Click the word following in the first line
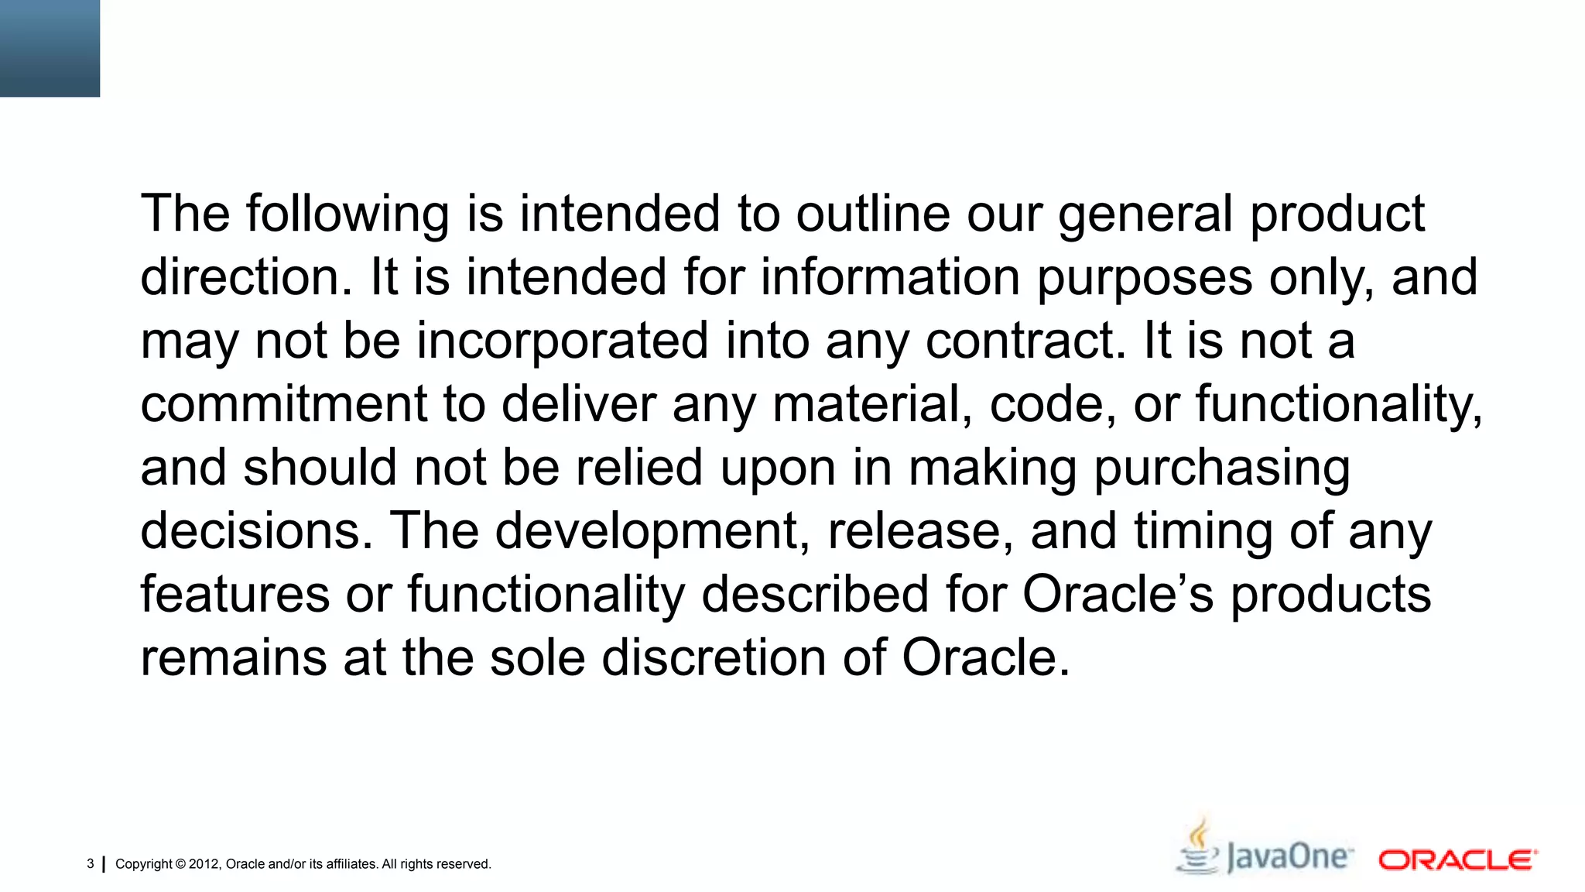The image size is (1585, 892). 347,214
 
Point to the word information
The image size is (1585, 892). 890,278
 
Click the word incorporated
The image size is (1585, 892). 563,341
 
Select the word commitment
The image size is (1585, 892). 283,405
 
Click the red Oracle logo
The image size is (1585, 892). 1457,860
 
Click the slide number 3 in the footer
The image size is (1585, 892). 91,864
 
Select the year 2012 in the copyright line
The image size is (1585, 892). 204,864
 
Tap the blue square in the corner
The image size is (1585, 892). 50,48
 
